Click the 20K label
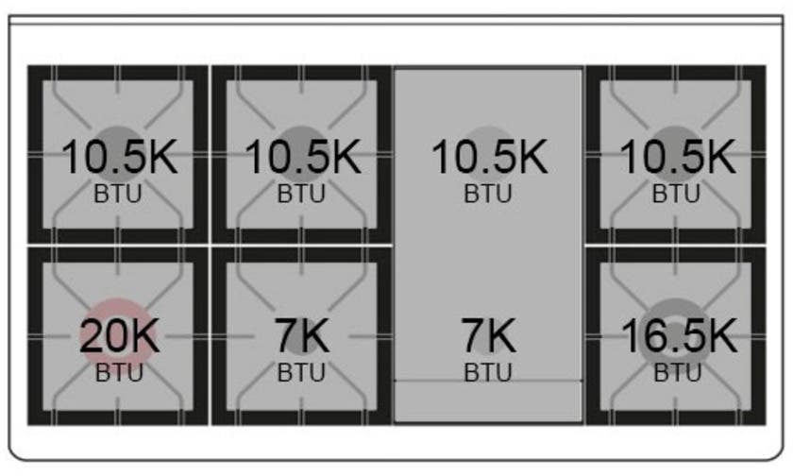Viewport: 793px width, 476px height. (119, 336)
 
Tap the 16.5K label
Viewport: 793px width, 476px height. (679, 336)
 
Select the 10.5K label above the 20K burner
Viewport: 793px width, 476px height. (119, 158)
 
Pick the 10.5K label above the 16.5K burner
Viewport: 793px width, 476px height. (678, 158)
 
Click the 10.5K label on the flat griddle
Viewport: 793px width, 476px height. (489, 158)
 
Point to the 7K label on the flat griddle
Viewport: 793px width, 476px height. (489, 336)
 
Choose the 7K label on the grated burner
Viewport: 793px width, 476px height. (302, 336)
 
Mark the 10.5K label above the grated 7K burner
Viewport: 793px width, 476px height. (302, 158)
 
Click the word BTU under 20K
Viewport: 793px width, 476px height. (119, 373)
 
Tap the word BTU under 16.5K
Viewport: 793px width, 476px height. (678, 373)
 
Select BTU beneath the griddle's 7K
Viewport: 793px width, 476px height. (488, 373)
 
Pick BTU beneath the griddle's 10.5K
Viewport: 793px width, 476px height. (488, 194)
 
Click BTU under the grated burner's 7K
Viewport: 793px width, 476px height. (301, 373)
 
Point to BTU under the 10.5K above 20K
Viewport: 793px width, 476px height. (118, 194)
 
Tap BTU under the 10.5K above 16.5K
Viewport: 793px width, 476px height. (676, 194)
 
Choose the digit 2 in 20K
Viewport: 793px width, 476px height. (91, 336)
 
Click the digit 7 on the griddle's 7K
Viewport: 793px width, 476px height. (471, 336)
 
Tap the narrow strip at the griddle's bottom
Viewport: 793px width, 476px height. (488, 401)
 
